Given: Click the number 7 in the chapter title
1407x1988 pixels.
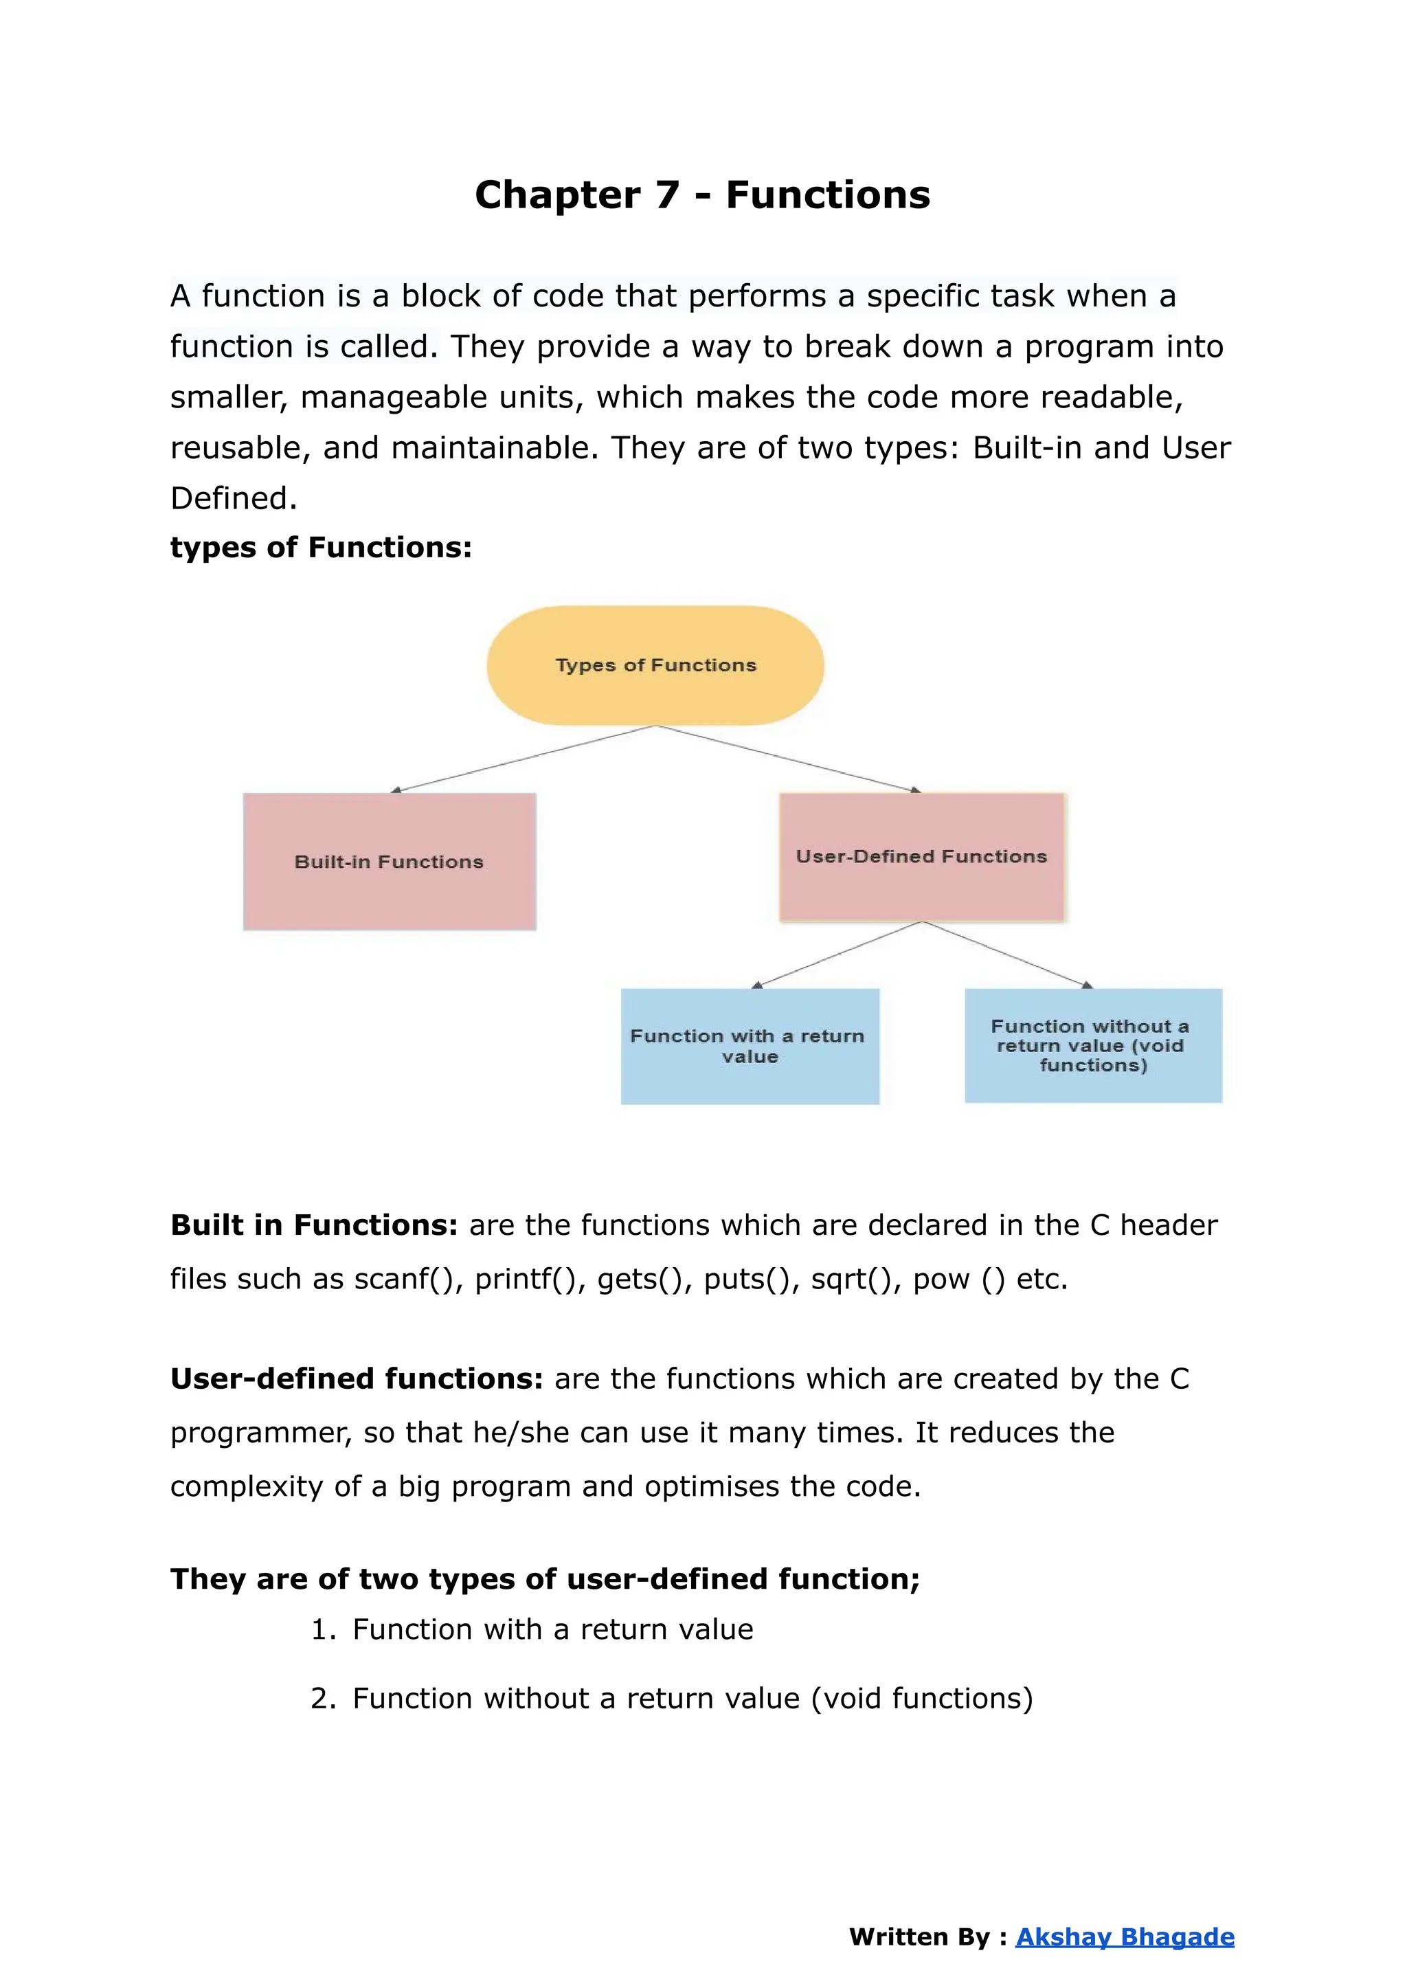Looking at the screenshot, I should (x=667, y=195).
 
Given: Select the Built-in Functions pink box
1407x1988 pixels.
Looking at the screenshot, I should (x=389, y=862).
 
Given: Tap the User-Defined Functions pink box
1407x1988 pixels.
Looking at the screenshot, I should (x=922, y=856).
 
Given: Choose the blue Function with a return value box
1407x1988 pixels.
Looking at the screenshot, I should (x=750, y=1046).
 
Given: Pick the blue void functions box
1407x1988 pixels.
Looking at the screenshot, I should (x=1092, y=1045).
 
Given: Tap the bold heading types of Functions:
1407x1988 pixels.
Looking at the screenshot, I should (x=321, y=548).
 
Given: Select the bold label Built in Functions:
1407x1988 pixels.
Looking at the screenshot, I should (x=314, y=1225).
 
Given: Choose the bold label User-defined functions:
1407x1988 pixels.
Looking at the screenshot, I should (x=356, y=1378).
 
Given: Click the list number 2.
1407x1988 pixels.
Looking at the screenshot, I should (x=322, y=1699).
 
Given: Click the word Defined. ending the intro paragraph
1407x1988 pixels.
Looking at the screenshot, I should (x=233, y=498).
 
